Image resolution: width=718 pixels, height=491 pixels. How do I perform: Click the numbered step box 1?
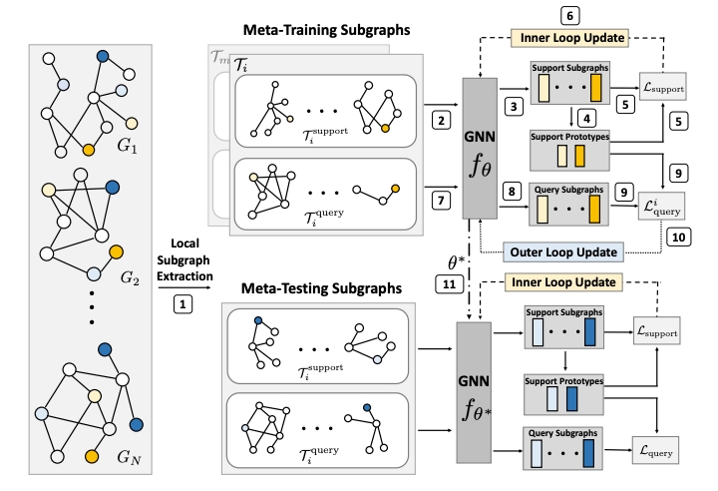point(182,299)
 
